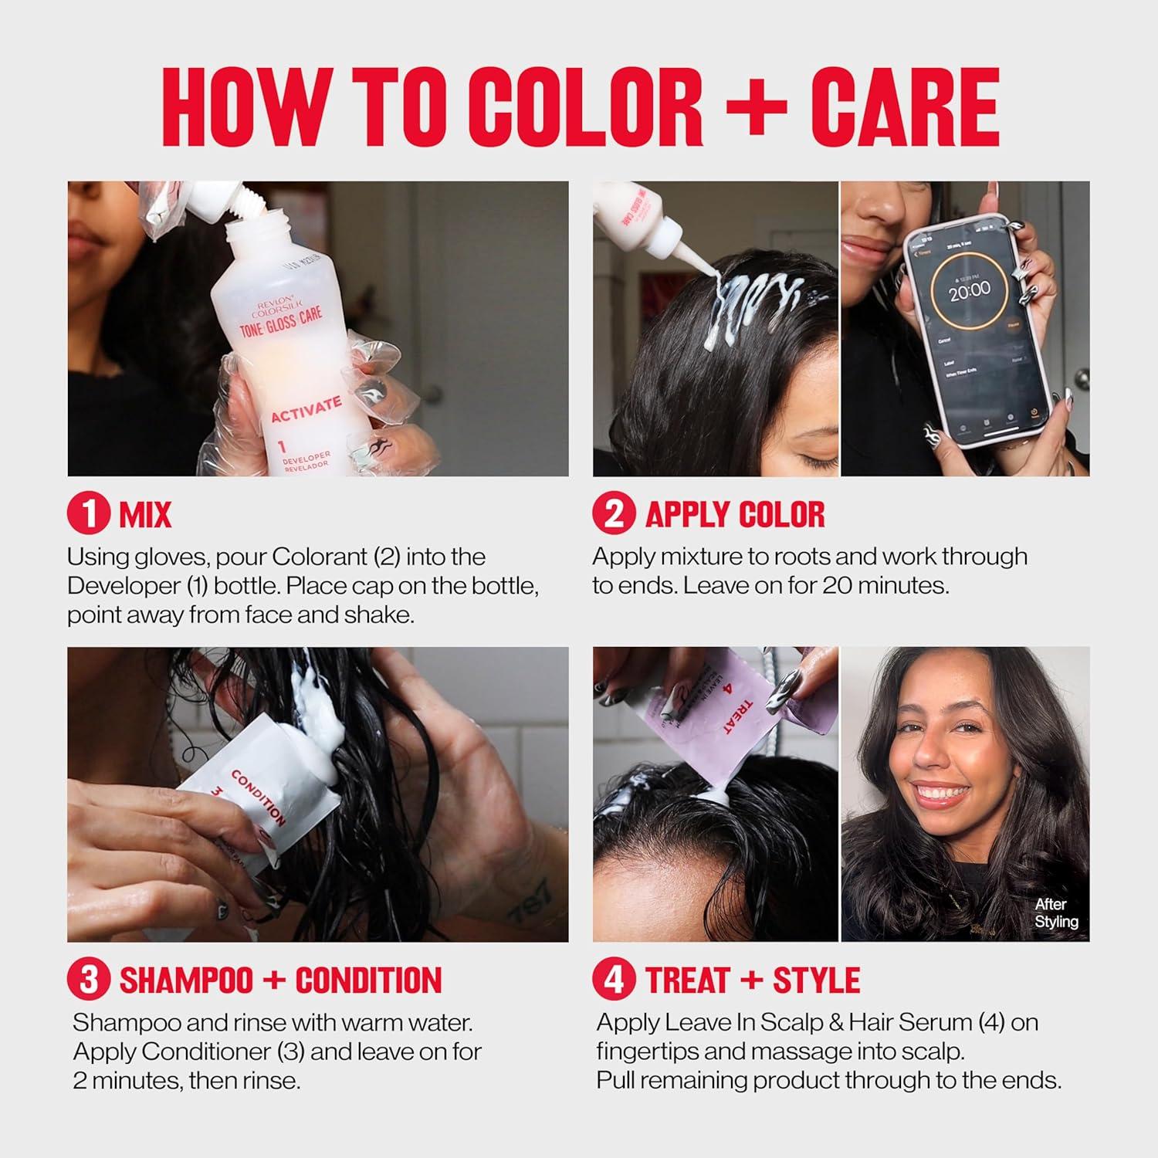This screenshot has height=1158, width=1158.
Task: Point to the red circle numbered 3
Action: [88, 980]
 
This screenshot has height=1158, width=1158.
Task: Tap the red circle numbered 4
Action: [614, 980]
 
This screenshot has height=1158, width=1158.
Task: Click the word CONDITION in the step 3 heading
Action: [368, 980]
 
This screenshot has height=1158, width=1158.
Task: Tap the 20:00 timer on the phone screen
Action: [969, 290]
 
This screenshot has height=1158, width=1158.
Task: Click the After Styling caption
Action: [1055, 913]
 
